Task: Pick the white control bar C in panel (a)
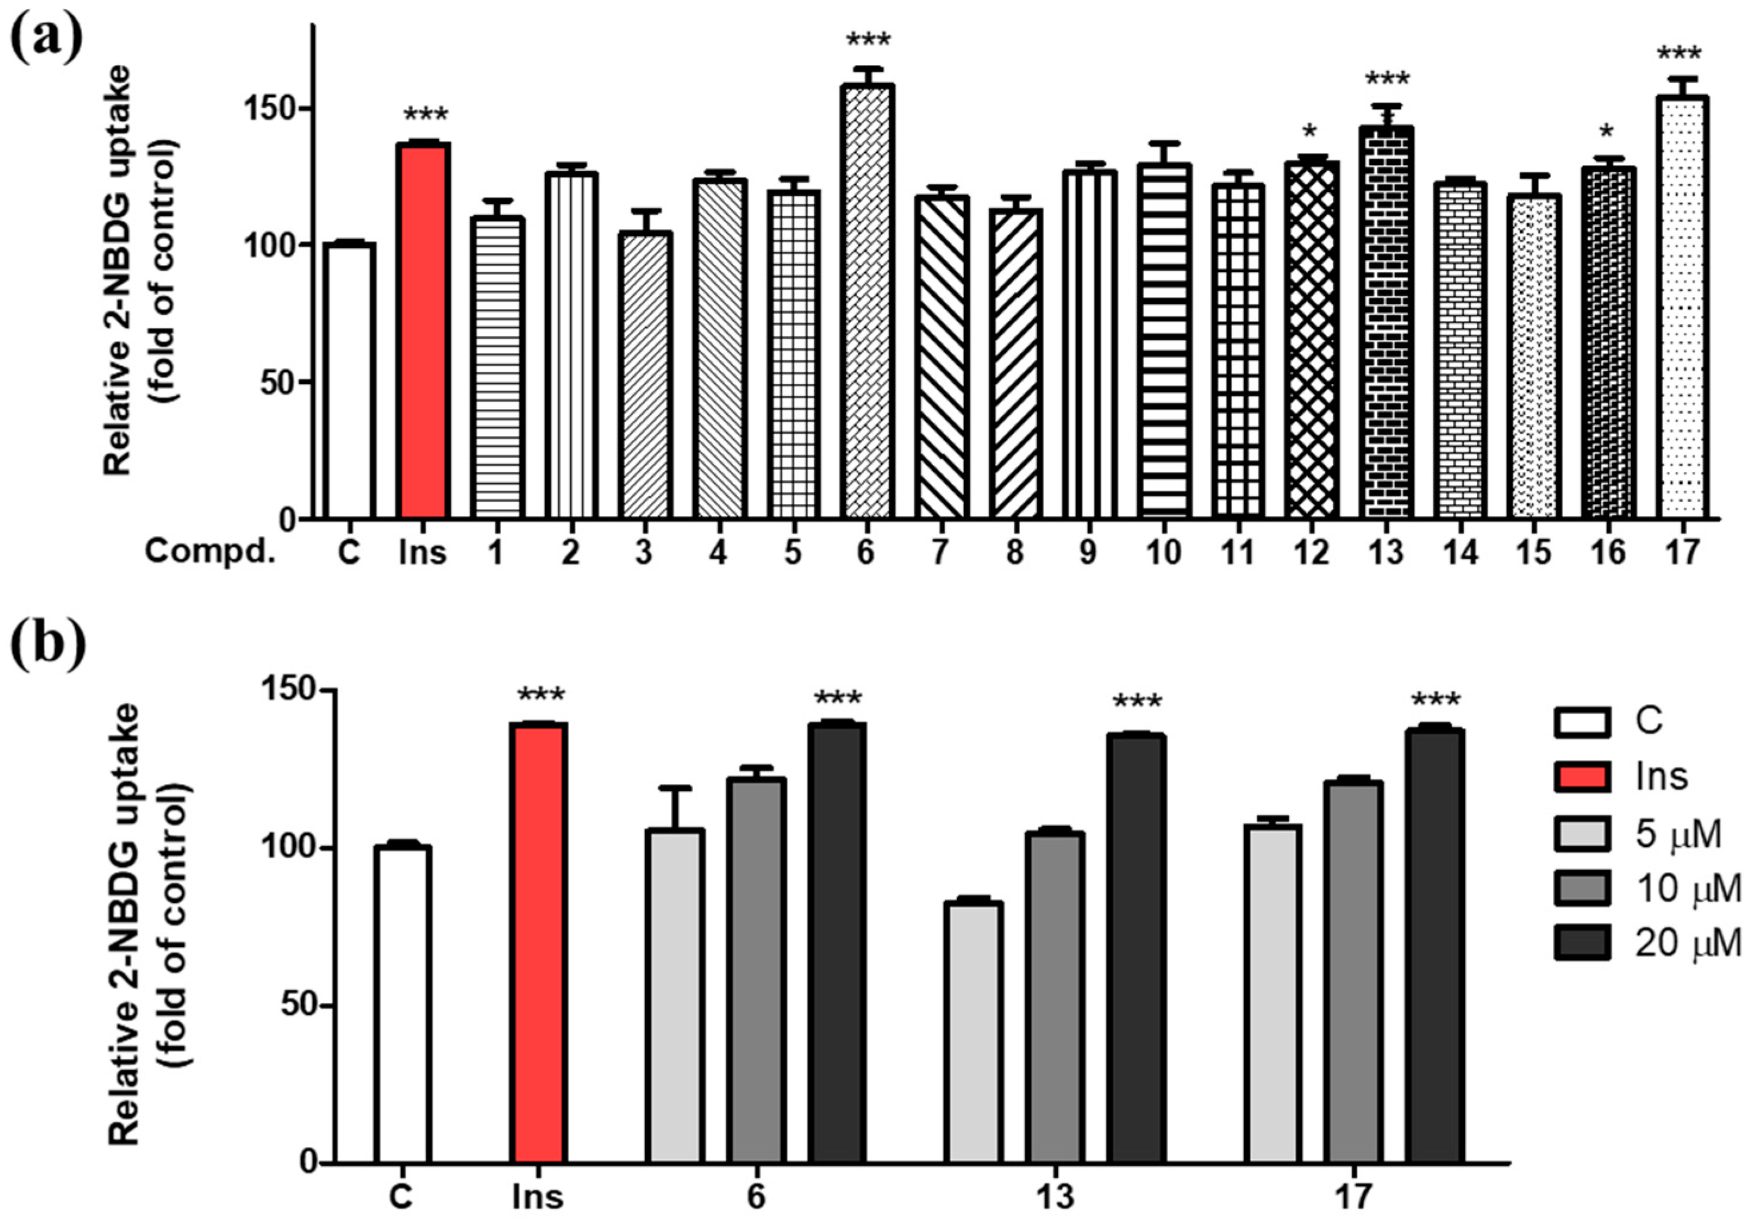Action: click(349, 381)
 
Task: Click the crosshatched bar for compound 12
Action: click(1311, 340)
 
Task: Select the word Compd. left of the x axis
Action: click(209, 551)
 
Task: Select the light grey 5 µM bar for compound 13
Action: click(973, 1033)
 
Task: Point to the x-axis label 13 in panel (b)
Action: click(1055, 1196)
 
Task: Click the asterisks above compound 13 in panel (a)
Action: click(1387, 79)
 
